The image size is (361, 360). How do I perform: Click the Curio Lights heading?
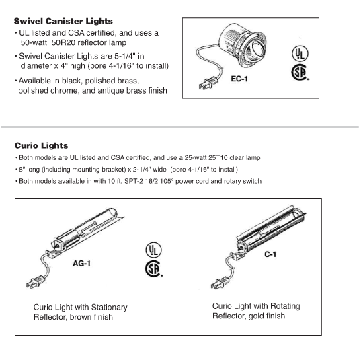(41, 145)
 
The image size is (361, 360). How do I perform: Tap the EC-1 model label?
(241, 79)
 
